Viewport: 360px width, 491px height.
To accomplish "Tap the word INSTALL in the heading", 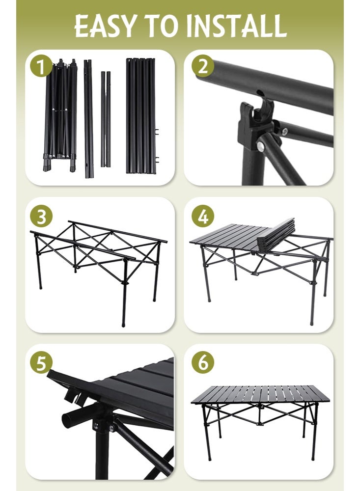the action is pyautogui.click(x=236, y=27).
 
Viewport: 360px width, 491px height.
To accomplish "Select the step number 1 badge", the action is pyautogui.click(x=41, y=67).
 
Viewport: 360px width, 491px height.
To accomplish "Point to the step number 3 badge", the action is pyautogui.click(x=41, y=217).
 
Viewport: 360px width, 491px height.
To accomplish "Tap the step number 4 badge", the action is pyautogui.click(x=203, y=216).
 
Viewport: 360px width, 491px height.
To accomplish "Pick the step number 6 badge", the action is pyautogui.click(x=203, y=363).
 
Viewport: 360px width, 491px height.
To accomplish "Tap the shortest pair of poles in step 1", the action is pyautogui.click(x=106, y=119).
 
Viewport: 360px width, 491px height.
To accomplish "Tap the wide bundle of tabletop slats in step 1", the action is pyautogui.click(x=141, y=115).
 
